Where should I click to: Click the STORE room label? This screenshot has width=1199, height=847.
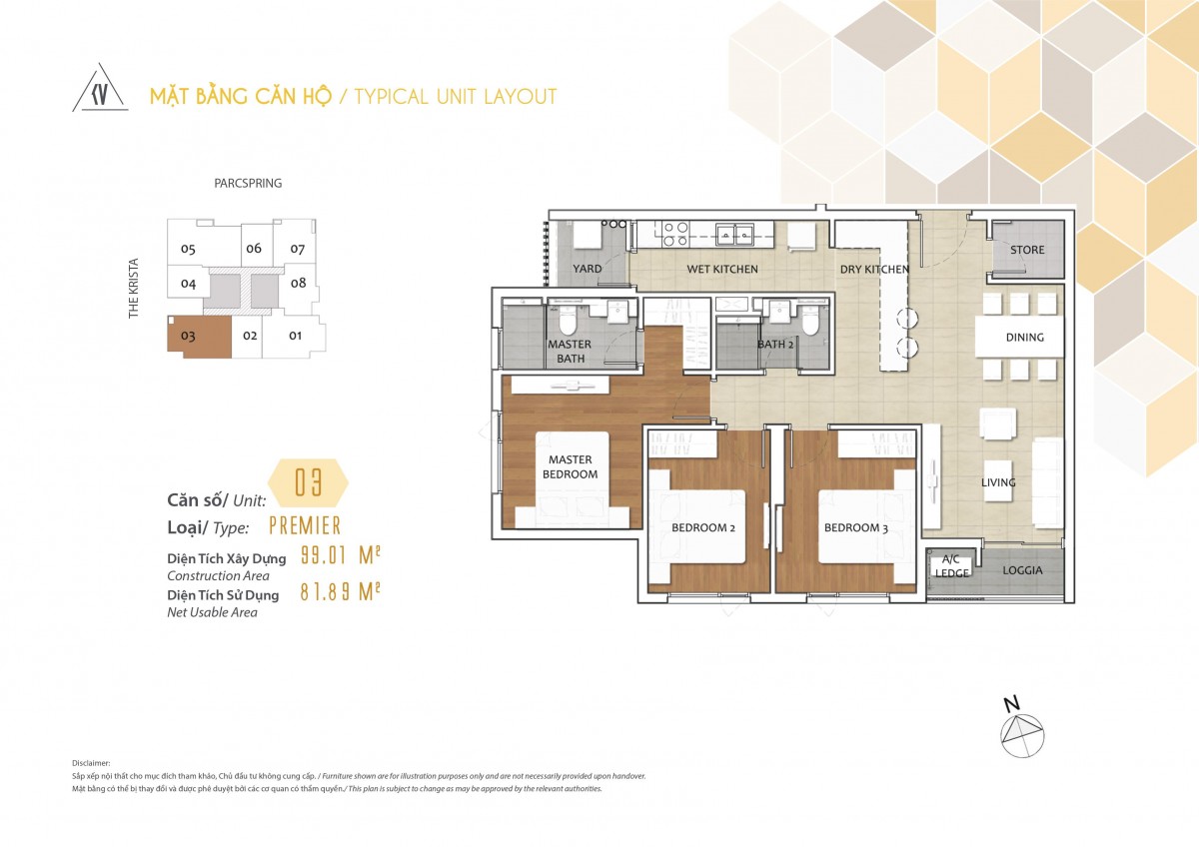1027,250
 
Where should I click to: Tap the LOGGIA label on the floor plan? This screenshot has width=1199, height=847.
1022,570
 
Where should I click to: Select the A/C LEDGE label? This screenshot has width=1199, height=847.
951,566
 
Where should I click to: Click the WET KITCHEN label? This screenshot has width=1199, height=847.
722,269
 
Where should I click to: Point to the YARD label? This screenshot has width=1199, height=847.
588,269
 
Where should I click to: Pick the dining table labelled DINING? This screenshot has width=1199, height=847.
1019,337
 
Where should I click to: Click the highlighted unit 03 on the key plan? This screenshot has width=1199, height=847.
199,337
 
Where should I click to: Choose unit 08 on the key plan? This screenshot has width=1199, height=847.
299,283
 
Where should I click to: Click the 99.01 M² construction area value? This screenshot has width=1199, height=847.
340,556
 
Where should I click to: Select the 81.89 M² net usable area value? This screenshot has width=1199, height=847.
340,591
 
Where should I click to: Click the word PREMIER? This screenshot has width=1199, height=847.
305,526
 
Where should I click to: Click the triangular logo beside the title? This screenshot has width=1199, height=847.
100,88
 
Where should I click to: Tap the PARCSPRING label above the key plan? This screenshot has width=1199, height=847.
248,184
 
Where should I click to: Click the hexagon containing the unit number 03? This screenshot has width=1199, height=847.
308,482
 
